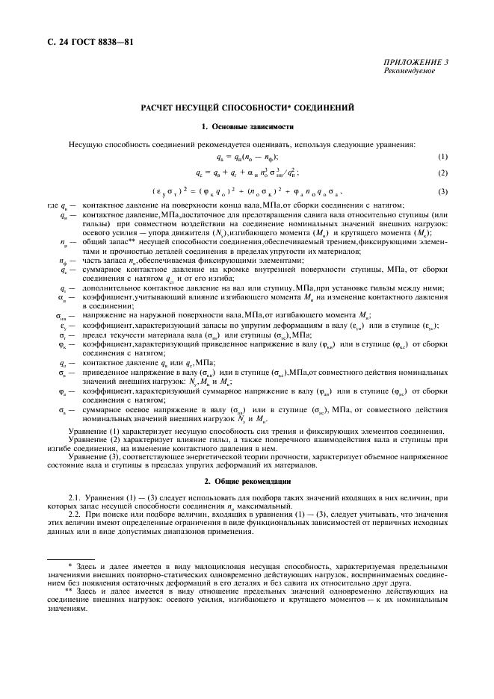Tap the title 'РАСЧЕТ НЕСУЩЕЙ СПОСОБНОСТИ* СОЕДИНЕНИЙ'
click(246, 108)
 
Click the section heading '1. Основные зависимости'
click(246, 127)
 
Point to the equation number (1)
click(442, 157)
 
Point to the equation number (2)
click(442, 173)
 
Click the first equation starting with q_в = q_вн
click(247, 157)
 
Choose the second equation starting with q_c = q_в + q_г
click(247, 173)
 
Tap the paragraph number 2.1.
click(75, 497)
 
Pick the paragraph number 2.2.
click(75, 514)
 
